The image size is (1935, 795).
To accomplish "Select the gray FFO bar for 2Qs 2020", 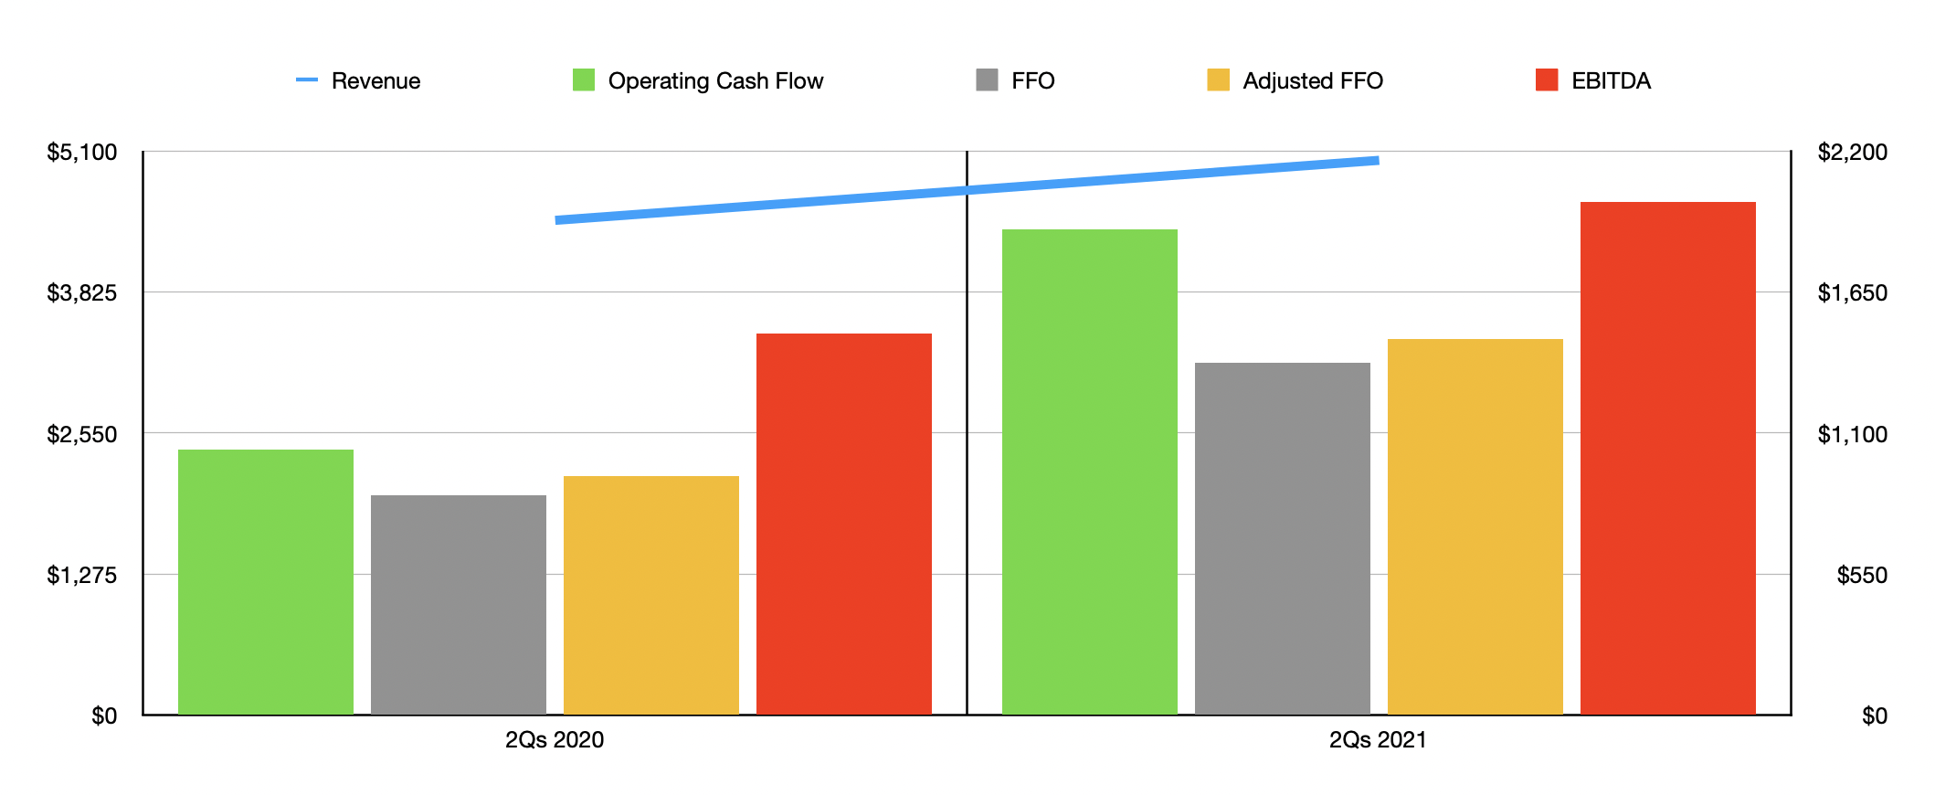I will pos(458,604).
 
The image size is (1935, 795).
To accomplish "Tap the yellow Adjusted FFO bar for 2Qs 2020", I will pos(650,595).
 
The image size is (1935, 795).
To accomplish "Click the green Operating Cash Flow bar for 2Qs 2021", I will pos(1089,472).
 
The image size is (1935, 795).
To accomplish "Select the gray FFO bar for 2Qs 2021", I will pos(1282,538).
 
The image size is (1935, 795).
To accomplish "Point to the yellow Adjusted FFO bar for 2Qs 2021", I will pos(1475,526).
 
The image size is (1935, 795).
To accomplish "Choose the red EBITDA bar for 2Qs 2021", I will pos(1667,458).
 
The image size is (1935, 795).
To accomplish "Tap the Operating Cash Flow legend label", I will pos(715,81).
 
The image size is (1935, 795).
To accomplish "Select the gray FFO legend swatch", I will pos(987,80).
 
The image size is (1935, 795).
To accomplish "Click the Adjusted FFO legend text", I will pos(1312,81).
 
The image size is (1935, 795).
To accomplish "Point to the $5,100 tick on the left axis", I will pos(82,152).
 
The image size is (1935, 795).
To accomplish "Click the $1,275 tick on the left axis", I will pos(82,575).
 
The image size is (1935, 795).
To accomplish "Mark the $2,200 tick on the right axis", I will pos(1852,152).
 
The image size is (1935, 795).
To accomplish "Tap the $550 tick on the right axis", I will pos(1861,575).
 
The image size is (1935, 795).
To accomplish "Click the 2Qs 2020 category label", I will pos(555,739).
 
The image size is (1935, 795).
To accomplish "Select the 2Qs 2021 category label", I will pos(1378,739).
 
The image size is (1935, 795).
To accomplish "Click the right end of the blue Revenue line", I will pos(1376,161).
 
